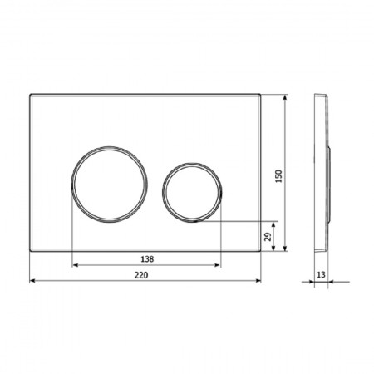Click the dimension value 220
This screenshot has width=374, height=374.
[141, 275]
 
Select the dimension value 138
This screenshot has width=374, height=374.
[147, 259]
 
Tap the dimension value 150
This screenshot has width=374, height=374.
[278, 176]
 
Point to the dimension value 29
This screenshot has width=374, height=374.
[268, 237]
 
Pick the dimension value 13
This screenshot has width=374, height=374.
[321, 275]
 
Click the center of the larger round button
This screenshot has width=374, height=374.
[110, 185]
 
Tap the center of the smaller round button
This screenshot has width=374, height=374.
[192, 193]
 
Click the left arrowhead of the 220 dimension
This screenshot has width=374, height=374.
[32, 281]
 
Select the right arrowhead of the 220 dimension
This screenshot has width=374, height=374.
[258, 281]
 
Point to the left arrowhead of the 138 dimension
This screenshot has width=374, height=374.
[75, 265]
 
